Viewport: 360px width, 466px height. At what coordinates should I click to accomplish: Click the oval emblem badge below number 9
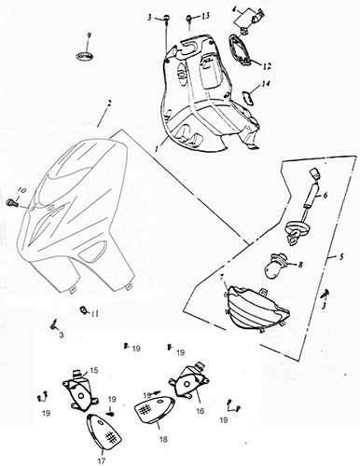(x=85, y=56)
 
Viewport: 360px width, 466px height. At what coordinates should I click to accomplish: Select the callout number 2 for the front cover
(x=109, y=103)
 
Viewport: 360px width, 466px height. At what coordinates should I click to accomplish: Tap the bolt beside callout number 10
(x=10, y=202)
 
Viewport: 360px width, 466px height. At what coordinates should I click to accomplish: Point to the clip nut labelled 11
(x=83, y=309)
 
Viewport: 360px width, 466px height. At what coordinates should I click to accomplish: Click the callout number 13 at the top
(x=205, y=16)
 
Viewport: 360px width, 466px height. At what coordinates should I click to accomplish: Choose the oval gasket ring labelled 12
(x=240, y=49)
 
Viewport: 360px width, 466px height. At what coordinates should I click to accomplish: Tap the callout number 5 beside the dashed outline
(x=341, y=257)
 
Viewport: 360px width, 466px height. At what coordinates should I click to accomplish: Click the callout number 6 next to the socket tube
(x=325, y=195)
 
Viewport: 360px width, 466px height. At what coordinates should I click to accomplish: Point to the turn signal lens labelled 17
(x=103, y=432)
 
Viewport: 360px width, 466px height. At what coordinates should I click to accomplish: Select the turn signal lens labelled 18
(x=154, y=408)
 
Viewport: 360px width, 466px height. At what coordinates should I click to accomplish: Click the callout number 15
(x=94, y=370)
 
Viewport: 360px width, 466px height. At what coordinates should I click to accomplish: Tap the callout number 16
(x=201, y=411)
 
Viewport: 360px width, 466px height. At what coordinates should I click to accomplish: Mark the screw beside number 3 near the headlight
(x=326, y=293)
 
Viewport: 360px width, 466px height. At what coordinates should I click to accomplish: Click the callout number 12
(x=267, y=66)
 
